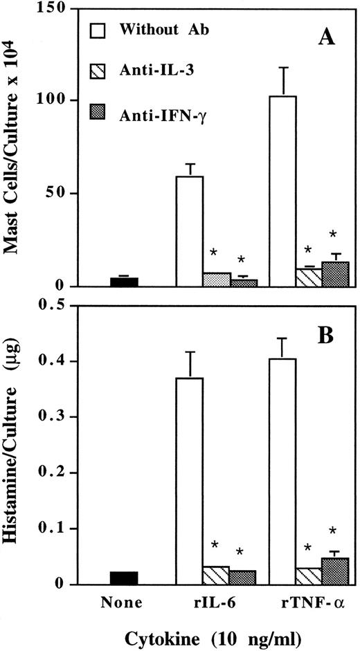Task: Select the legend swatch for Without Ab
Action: coord(101,30)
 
